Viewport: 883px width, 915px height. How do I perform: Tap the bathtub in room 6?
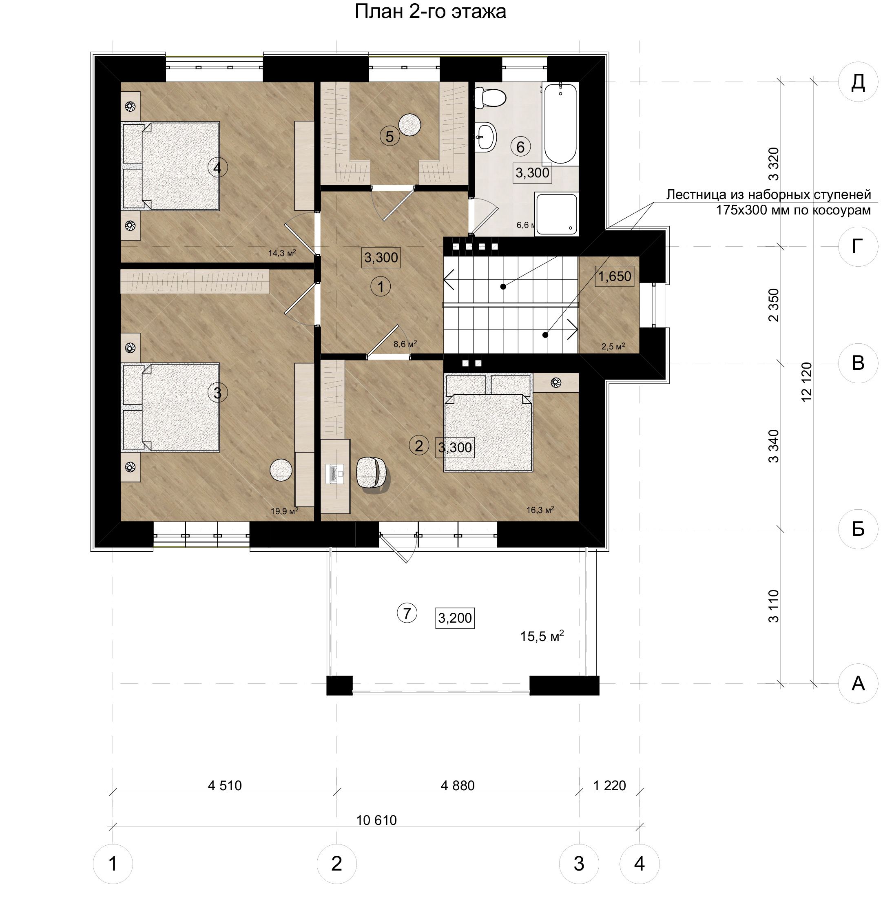click(x=560, y=123)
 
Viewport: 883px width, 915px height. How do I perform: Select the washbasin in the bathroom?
click(x=485, y=137)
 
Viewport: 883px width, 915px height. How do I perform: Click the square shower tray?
click(x=556, y=213)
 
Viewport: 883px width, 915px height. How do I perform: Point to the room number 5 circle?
click(x=389, y=136)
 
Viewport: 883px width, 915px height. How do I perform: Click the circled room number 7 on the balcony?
click(x=407, y=613)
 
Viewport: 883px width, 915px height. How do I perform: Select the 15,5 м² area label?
click(x=542, y=636)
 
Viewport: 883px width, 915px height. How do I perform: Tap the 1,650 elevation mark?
click(x=615, y=276)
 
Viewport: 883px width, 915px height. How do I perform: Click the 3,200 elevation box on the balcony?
click(x=455, y=618)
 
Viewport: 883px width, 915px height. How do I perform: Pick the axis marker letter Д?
click(x=858, y=82)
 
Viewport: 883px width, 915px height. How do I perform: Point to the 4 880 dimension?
click(x=458, y=786)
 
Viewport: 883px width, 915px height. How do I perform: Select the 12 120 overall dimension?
click(x=806, y=382)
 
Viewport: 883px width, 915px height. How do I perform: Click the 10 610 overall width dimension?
click(x=376, y=820)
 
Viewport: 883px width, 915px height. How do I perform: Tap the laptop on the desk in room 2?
click(x=334, y=473)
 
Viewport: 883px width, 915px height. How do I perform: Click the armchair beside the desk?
click(x=372, y=474)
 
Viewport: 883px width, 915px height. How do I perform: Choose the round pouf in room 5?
click(x=409, y=124)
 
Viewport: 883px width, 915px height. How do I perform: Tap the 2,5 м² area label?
click(x=613, y=347)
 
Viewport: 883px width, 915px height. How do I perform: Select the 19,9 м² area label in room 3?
click(x=284, y=511)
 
